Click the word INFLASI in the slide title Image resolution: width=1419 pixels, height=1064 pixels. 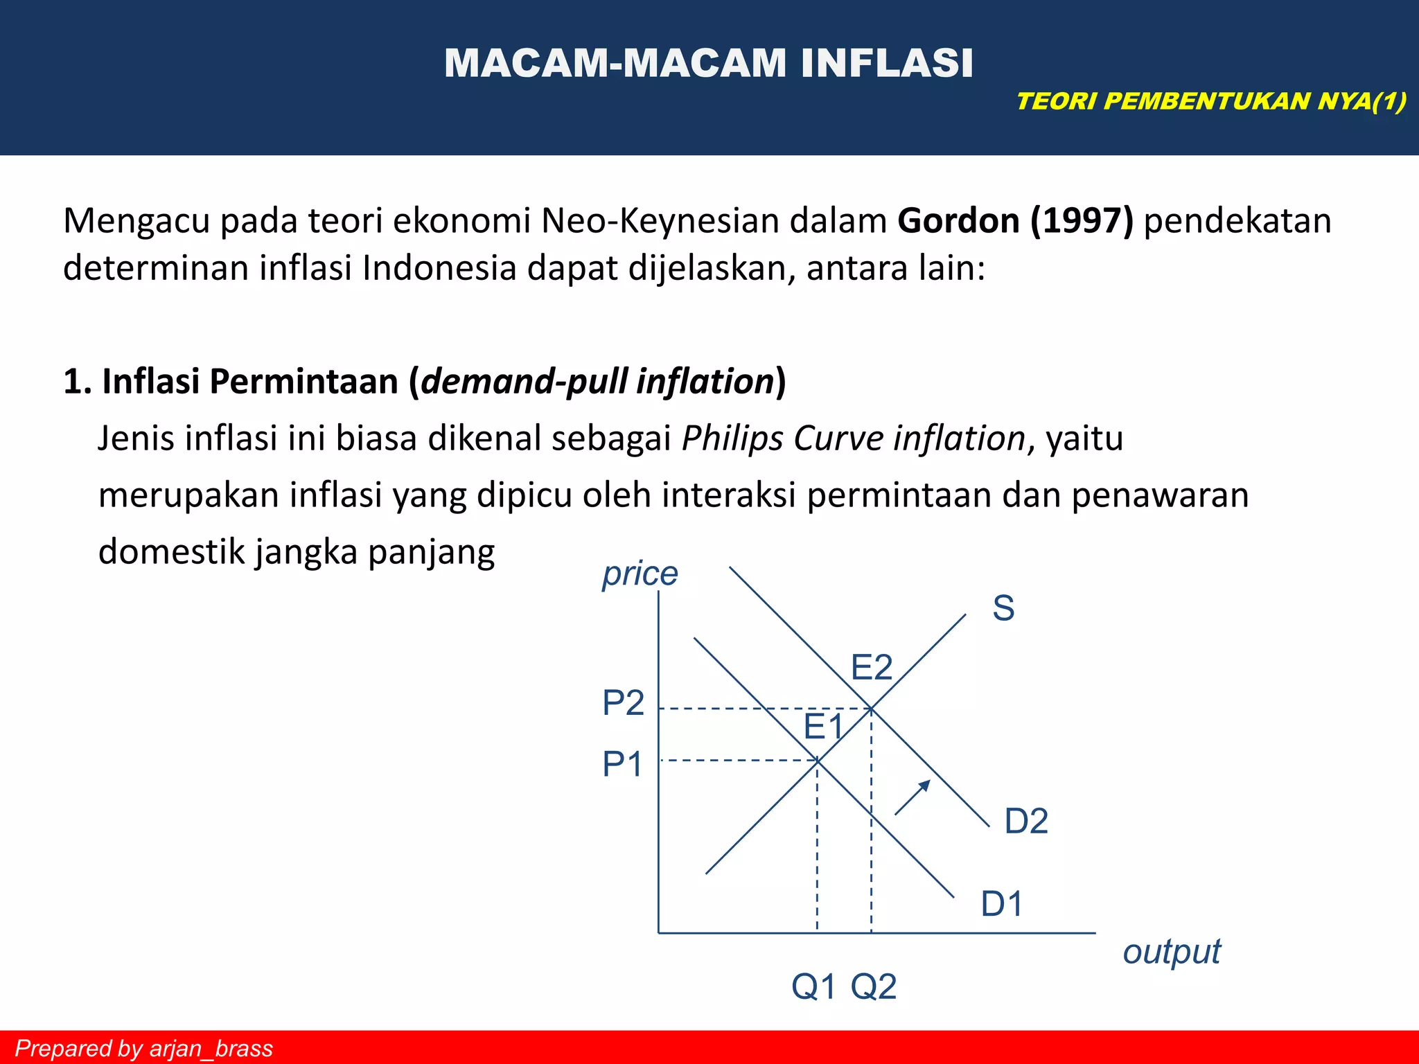[x=887, y=63]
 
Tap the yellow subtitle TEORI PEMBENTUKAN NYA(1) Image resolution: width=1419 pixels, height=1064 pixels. [x=1211, y=101]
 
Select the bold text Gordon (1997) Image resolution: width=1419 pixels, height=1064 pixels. [x=1015, y=221]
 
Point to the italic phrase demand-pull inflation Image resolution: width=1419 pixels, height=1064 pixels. [x=597, y=382]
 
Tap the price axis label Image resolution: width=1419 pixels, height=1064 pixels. [x=640, y=574]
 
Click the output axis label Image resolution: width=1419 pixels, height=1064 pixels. [x=1171, y=952]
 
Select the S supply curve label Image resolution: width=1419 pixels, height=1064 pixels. [x=1003, y=608]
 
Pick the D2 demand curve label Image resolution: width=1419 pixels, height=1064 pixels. [x=1025, y=822]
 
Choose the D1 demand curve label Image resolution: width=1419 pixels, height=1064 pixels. [x=1001, y=904]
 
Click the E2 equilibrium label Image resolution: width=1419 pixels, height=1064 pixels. [x=871, y=668]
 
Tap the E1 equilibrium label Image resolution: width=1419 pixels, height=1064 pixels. [x=823, y=727]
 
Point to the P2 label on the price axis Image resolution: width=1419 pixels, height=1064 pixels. [x=623, y=703]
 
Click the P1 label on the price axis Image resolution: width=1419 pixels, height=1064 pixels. [x=622, y=765]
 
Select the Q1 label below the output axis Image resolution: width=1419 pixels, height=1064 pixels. [x=813, y=986]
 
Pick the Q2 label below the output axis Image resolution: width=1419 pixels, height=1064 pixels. [x=873, y=986]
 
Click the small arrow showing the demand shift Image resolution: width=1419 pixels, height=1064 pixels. [x=912, y=797]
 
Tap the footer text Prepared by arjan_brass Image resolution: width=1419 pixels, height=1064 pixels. [x=143, y=1048]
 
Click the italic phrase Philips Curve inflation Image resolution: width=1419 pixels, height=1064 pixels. [x=853, y=438]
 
